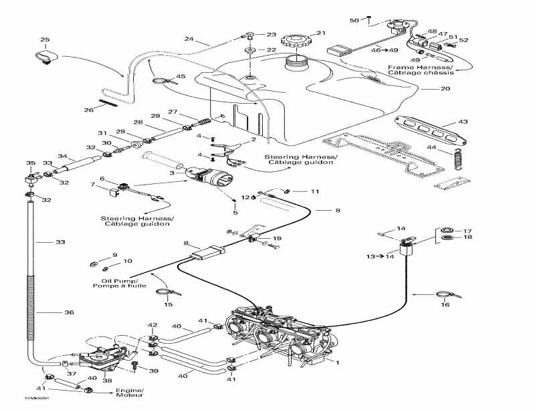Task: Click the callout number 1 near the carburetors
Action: tap(337, 363)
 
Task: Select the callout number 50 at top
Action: tap(354, 20)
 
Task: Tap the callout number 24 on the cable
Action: tap(189, 39)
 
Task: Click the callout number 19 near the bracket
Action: tap(278, 238)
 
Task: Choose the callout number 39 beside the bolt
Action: tap(154, 371)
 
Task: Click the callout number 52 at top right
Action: tap(463, 40)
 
